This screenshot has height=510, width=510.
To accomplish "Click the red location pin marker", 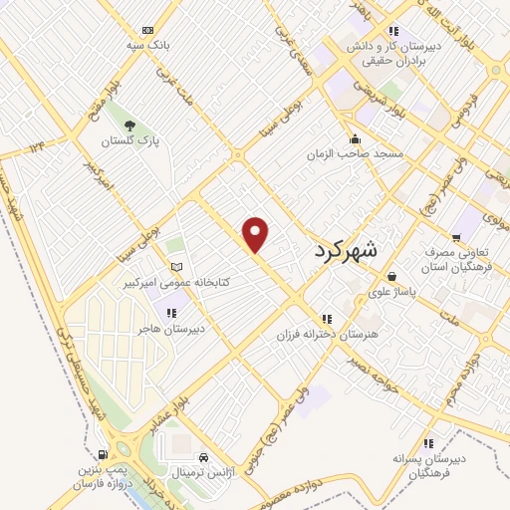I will pos(257,234).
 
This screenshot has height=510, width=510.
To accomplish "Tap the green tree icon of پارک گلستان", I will pos(129,125).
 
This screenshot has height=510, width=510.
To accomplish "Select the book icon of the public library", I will pos(177,267).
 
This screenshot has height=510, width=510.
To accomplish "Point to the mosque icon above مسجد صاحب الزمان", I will pos(355,138).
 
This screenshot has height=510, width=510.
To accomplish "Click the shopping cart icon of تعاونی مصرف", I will pos(456,238).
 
